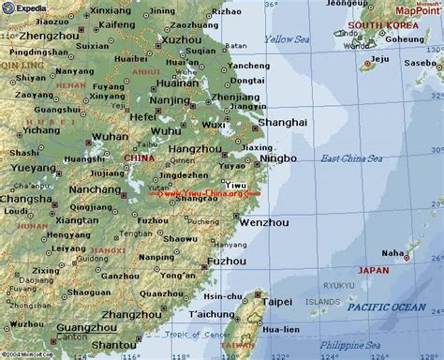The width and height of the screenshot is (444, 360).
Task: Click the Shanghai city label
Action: coord(284,122)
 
